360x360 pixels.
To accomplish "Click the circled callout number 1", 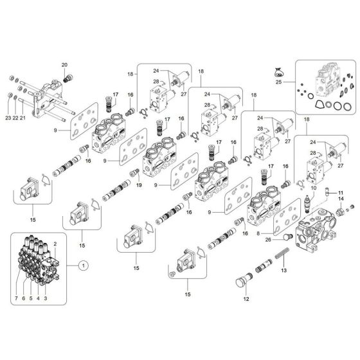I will (82, 264).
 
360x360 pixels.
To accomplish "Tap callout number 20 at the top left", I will (64, 66).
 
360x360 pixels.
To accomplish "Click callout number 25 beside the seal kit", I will (278, 82).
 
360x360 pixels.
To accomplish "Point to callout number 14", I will (342, 200).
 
